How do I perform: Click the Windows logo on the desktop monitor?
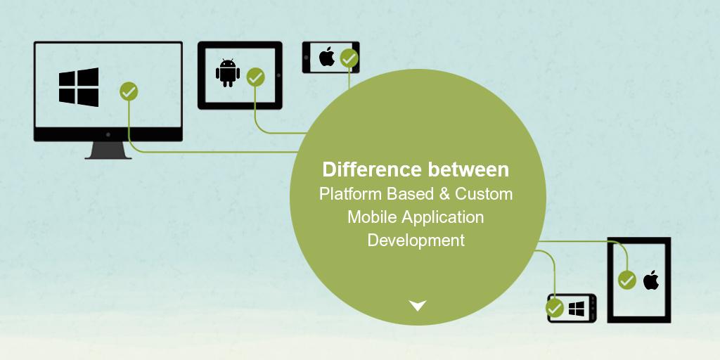pyautogui.click(x=79, y=86)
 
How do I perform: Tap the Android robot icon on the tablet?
pyautogui.click(x=228, y=72)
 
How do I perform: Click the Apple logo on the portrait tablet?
pyautogui.click(x=651, y=280)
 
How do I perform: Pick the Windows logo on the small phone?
pyautogui.click(x=577, y=309)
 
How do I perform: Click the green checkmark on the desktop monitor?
pyautogui.click(x=129, y=91)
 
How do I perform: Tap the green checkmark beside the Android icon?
pyautogui.click(x=256, y=77)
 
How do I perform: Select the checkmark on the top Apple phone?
pyautogui.click(x=349, y=58)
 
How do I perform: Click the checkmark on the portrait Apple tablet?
pyautogui.click(x=626, y=280)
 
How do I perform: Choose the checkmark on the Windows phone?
pyautogui.click(x=555, y=308)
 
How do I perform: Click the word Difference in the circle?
pyautogui.click(x=373, y=169)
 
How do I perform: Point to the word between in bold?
pyautogui.click(x=468, y=169)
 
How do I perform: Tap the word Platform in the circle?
pyautogui.click(x=350, y=194)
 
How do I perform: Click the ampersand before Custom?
pyautogui.click(x=444, y=194)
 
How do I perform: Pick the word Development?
pyautogui.click(x=416, y=240)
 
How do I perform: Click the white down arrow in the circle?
pyautogui.click(x=418, y=305)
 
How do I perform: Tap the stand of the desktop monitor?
pyautogui.click(x=108, y=150)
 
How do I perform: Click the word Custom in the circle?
pyautogui.click(x=484, y=194)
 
